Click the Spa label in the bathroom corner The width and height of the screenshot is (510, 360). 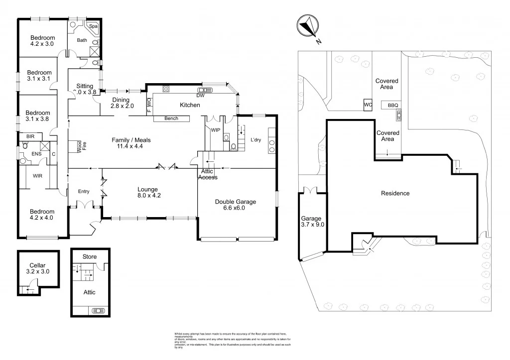(93, 26)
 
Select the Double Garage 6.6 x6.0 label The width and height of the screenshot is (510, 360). (236, 205)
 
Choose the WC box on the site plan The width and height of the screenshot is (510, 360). (368, 105)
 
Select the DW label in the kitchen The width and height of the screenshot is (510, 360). (200, 95)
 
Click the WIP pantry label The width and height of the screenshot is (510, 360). (215, 129)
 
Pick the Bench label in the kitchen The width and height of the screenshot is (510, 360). (171, 119)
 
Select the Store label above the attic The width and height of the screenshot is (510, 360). (89, 256)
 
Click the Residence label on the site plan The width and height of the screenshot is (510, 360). (395, 193)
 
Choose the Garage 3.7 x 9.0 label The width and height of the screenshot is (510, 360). (312, 222)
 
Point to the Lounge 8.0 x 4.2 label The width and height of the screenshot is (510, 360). (148, 193)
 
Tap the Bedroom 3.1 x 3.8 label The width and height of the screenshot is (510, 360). (38, 116)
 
